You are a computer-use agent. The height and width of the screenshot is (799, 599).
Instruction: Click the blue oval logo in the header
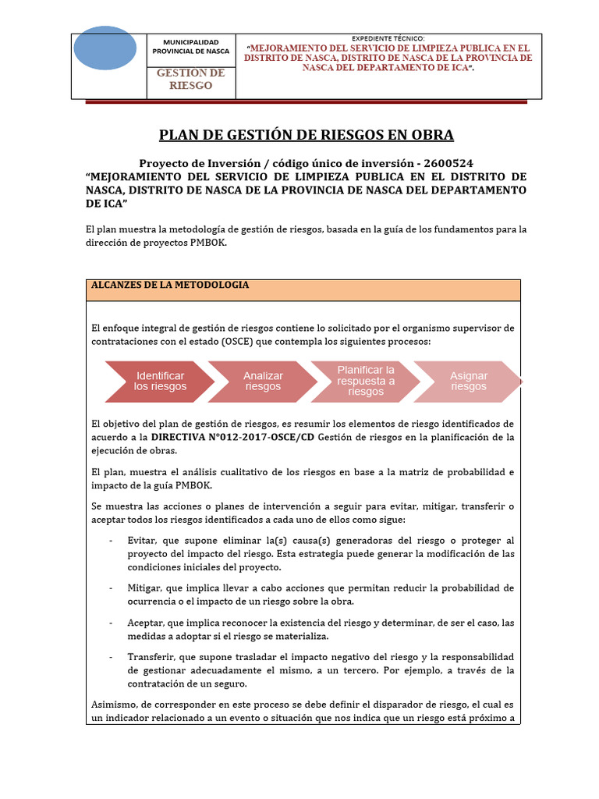click(105, 48)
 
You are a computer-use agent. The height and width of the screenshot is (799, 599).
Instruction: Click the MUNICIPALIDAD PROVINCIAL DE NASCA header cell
click(190, 46)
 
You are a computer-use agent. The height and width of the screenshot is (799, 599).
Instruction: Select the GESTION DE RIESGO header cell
click(190, 79)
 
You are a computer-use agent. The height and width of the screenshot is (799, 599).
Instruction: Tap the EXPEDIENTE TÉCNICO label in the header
click(388, 37)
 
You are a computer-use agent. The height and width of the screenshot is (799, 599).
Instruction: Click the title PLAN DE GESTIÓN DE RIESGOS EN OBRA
click(306, 135)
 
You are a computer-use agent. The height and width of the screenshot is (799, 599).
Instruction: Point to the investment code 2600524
click(447, 163)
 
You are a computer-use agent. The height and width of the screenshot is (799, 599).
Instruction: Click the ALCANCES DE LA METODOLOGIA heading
click(170, 285)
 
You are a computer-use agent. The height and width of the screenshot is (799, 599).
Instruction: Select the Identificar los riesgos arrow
click(160, 381)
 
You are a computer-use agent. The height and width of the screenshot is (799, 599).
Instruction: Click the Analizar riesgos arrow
click(263, 381)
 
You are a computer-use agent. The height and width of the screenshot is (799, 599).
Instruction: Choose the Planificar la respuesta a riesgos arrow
click(366, 380)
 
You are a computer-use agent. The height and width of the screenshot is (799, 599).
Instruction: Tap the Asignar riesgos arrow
click(469, 381)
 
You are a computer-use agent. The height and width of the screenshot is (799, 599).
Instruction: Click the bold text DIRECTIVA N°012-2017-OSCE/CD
click(232, 437)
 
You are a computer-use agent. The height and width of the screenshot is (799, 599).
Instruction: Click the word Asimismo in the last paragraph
click(113, 704)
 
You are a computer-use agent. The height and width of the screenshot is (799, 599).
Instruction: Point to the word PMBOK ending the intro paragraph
click(215, 242)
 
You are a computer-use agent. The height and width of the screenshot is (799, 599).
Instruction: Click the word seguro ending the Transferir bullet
click(231, 684)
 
